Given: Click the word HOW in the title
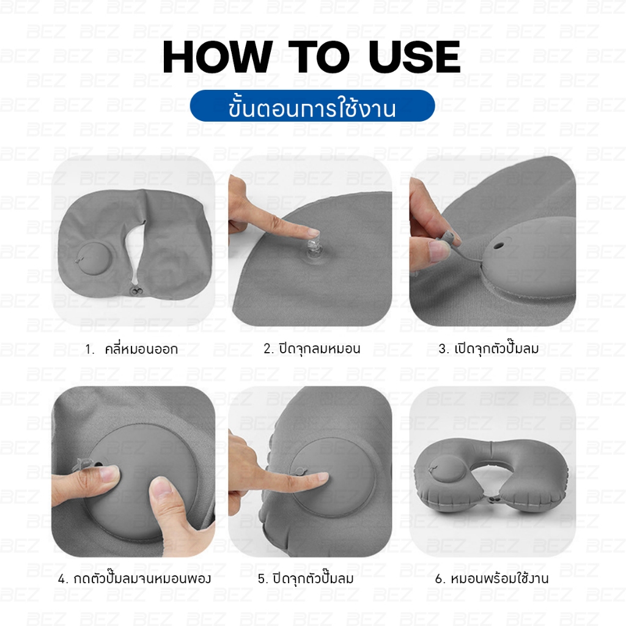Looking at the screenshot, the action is [218, 57].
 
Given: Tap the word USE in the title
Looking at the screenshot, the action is [414, 57].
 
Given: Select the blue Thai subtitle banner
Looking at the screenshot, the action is [312, 106].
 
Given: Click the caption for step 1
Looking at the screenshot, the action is [131, 349].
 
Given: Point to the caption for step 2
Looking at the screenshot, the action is [312, 348].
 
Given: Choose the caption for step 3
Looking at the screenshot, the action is [488, 348].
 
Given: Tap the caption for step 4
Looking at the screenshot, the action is [134, 578].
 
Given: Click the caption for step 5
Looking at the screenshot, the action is [306, 578].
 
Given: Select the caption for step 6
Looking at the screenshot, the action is [492, 578].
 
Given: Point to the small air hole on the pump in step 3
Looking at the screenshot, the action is [498, 245].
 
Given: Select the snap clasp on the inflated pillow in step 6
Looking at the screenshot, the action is [494, 499].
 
